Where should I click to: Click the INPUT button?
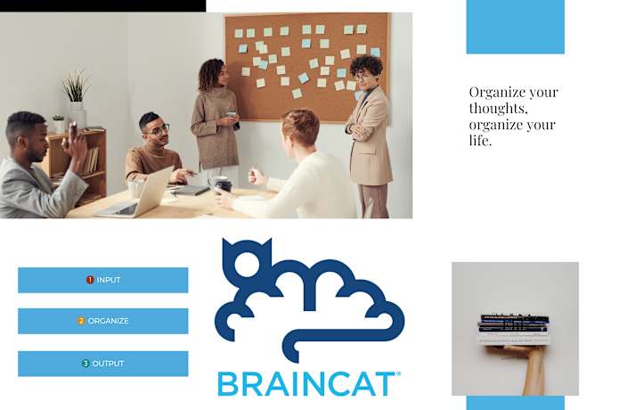(102, 280)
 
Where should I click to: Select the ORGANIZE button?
(102, 321)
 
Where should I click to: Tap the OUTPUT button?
(102, 364)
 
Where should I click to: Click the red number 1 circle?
(90, 280)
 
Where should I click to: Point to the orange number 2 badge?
(81, 321)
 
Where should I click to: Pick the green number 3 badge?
(86, 364)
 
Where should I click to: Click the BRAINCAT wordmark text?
(307, 383)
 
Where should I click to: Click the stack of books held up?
(514, 327)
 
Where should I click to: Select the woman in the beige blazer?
(369, 134)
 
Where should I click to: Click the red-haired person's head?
(301, 127)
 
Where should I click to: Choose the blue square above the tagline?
(515, 27)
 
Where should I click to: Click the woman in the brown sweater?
(214, 120)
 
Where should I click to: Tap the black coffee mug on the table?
(223, 185)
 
